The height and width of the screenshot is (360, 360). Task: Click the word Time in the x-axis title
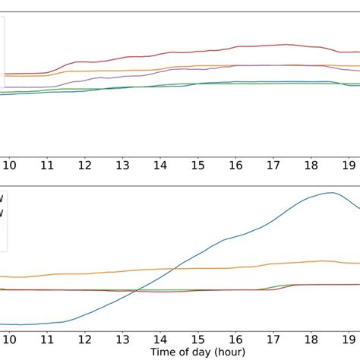[x=164, y=352]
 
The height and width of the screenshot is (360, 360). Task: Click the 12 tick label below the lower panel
[x=85, y=335]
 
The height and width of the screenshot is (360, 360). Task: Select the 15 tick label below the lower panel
[x=198, y=335]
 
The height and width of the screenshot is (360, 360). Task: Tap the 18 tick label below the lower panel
[x=311, y=335]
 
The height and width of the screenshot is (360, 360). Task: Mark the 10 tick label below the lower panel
[x=9, y=335]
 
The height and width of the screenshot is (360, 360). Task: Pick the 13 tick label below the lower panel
[x=122, y=335]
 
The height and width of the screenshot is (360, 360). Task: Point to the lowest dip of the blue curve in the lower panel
[x=19, y=324]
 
